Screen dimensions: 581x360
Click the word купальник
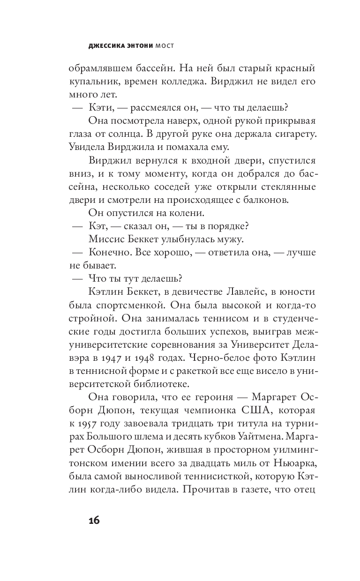pos(95,81)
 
